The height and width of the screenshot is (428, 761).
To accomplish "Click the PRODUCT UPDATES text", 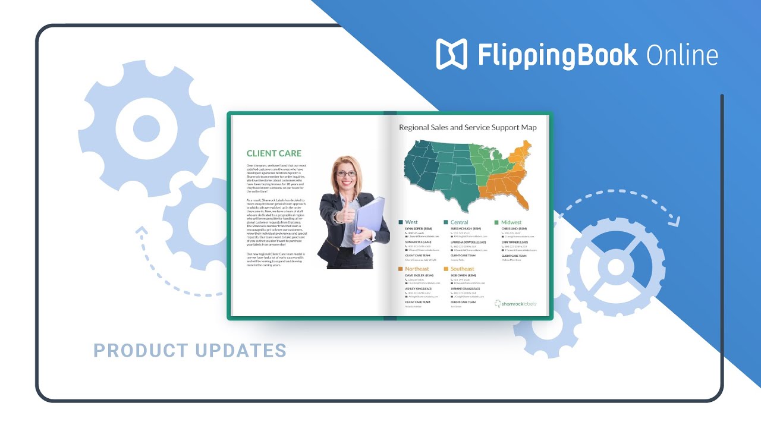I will tap(190, 351).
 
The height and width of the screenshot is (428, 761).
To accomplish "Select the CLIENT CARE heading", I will tap(274, 153).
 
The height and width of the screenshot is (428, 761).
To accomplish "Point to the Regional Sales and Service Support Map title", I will tap(467, 127).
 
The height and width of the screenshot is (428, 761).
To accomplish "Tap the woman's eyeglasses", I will tap(347, 174).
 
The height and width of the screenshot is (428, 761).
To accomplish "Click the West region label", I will tap(411, 222).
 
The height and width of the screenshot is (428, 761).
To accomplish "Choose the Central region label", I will tap(459, 222).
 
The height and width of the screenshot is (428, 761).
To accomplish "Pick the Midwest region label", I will tap(511, 222).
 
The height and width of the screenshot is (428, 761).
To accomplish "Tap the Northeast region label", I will tap(417, 269).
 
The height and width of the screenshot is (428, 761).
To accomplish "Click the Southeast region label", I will tap(463, 269).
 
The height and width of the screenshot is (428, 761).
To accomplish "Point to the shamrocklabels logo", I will tap(515, 303).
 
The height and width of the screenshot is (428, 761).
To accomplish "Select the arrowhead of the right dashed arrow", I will tap(674, 222).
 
